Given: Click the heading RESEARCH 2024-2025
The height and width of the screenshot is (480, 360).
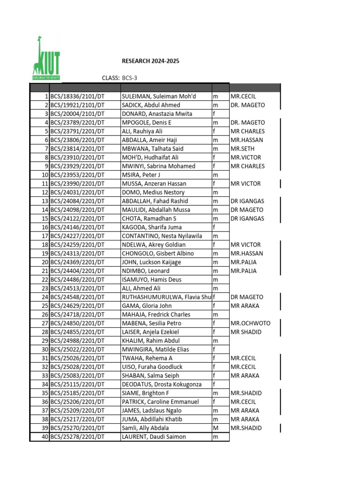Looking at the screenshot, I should tap(150, 61).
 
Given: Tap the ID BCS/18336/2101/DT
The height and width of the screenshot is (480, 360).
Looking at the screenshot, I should tap(77, 97).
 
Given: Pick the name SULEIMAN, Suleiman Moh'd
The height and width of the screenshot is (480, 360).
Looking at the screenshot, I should tap(159, 97).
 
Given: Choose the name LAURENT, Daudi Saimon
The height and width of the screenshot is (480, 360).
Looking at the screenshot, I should tap(154, 437).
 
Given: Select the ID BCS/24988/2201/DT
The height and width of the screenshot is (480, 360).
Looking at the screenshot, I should tap(77, 341).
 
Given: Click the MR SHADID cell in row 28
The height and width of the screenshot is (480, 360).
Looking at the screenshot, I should tap(246, 332).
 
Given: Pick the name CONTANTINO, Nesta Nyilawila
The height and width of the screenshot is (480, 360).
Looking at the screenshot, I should tap(162, 236).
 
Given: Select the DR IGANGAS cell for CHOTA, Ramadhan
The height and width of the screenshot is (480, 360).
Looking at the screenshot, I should tap(247, 218).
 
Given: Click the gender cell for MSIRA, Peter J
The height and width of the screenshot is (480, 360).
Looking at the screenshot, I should tap(216, 175).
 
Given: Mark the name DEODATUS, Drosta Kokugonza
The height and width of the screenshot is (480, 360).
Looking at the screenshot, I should tap(162, 384).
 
